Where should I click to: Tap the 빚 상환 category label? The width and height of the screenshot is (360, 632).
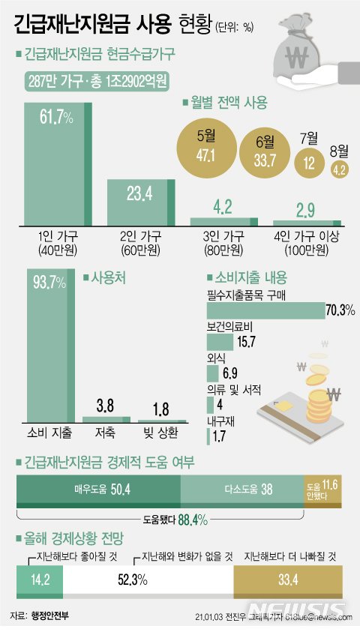pos(161,434)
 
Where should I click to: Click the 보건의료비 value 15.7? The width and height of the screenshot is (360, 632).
pos(247,341)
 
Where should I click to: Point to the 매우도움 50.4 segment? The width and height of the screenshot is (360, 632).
pos(98,488)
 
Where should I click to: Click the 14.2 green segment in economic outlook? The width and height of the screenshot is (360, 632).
pos(39,579)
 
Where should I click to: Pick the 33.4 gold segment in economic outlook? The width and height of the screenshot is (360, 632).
pos(289,579)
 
